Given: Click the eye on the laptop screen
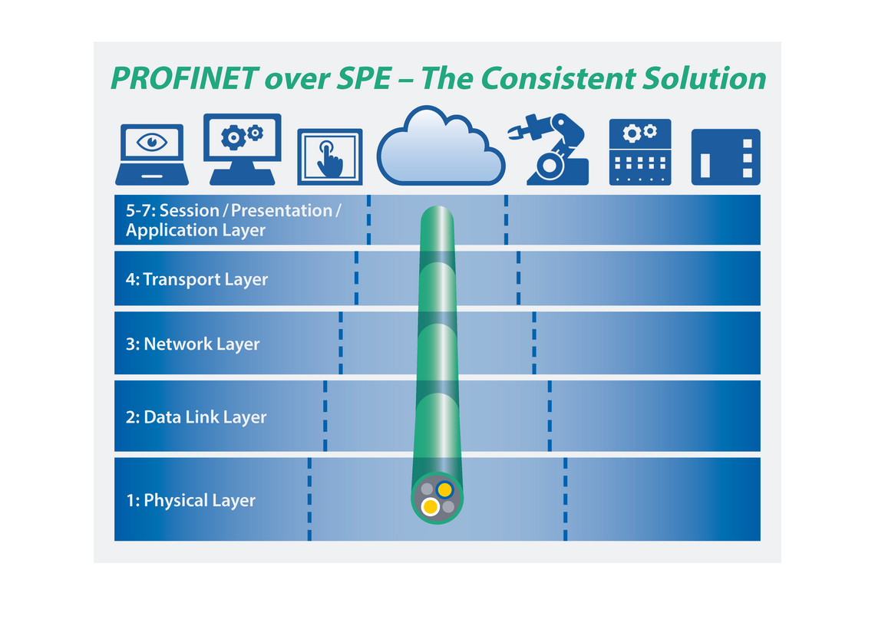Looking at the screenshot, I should tap(152, 142).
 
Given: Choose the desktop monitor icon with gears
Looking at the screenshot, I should tap(243, 148).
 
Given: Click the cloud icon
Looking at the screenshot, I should tap(441, 148).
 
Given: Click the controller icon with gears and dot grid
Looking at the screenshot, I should tap(640, 151).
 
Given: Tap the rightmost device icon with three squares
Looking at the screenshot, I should tap(725, 156).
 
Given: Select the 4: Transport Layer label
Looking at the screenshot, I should tap(196, 279).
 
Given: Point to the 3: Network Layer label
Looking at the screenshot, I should tap(193, 344).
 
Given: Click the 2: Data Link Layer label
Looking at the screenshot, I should tap(195, 417).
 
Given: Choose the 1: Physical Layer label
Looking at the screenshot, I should tap(190, 500).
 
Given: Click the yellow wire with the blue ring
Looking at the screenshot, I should tap(444, 489).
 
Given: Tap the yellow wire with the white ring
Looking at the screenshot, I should tap(431, 507).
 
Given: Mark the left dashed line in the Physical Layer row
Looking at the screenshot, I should tap(309, 499).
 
